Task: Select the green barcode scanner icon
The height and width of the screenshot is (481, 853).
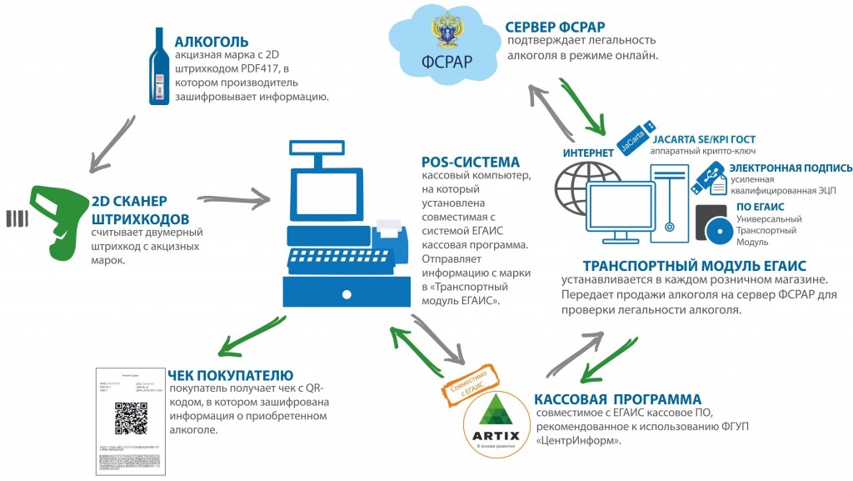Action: (58, 212)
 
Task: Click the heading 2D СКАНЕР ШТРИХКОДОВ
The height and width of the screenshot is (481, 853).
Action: (129, 208)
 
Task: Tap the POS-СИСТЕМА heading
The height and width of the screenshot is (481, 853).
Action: (471, 162)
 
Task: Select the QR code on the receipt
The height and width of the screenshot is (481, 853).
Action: (128, 417)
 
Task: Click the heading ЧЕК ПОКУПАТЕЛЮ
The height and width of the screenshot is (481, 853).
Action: (228, 374)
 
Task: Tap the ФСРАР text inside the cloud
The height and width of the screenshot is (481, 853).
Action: (448, 63)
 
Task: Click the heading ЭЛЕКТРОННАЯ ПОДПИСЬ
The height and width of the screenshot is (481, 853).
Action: (791, 168)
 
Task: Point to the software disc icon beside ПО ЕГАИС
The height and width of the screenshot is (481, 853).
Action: (712, 224)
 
